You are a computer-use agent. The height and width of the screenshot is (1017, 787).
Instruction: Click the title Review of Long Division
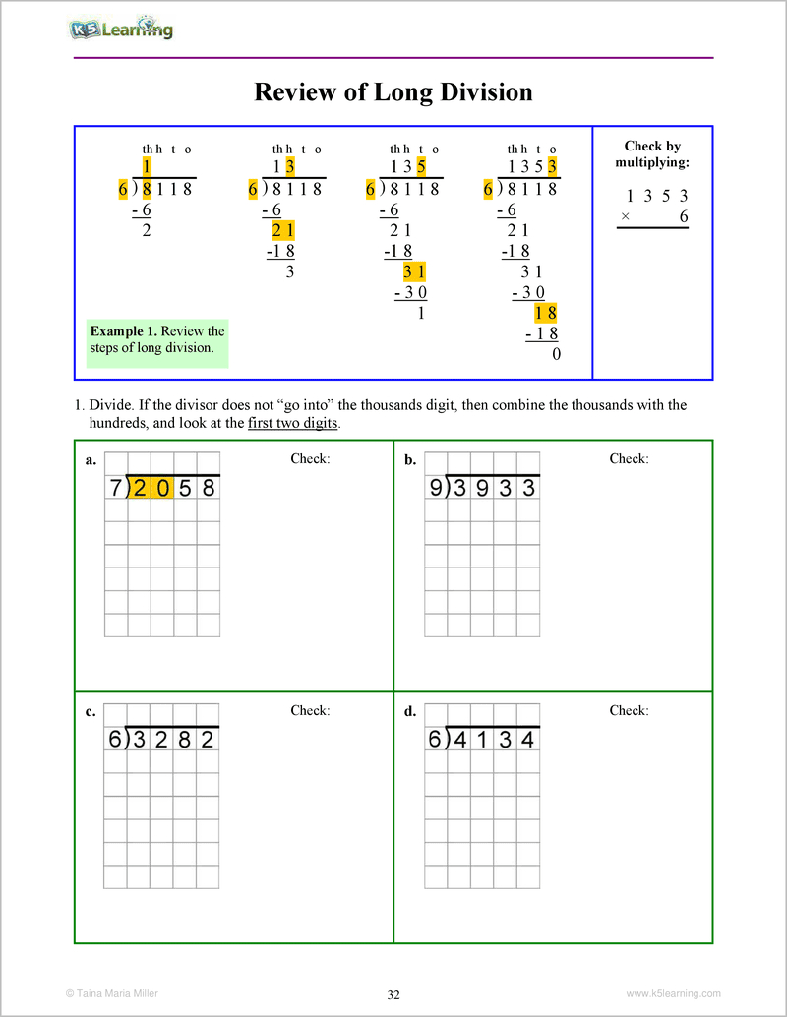393,92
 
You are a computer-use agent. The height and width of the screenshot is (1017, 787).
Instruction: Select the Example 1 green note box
157,339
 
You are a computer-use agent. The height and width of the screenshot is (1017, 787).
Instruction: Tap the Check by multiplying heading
652,154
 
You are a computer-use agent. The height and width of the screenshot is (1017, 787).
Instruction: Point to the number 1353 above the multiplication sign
657,196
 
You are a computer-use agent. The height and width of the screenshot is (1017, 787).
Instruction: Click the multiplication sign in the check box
626,217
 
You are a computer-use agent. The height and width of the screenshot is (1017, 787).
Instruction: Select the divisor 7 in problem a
115,487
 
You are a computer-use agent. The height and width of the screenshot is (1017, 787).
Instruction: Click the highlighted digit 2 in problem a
139,487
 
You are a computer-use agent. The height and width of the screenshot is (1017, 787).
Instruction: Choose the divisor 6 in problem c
115,740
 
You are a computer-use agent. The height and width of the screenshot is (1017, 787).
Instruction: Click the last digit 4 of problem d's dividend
528,740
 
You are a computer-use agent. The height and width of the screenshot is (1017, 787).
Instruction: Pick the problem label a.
91,460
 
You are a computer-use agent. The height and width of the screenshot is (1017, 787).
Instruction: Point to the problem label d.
409,712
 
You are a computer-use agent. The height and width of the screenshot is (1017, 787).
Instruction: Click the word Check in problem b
629,459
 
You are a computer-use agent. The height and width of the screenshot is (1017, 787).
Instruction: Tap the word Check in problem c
310,711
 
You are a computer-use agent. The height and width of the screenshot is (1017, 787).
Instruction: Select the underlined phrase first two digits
292,424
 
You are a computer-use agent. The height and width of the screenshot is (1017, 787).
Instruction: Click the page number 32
393,994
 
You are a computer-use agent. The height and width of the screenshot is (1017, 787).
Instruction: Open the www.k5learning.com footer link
674,993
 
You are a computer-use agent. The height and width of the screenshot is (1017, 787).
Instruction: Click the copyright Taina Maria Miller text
110,993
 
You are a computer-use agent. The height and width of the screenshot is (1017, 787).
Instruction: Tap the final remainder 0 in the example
556,354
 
